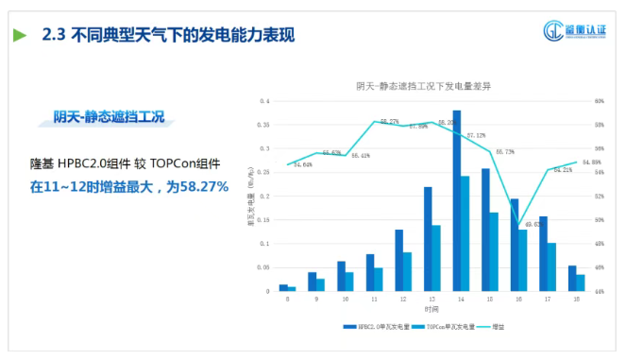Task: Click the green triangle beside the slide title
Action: (x=20, y=36)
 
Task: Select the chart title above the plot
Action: (x=422, y=86)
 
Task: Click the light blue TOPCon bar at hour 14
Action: (x=465, y=233)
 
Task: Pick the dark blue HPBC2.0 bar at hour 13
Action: (x=428, y=239)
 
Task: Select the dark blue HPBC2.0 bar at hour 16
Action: (x=515, y=245)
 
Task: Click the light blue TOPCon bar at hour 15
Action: (x=494, y=251)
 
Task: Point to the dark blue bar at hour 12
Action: (x=398, y=260)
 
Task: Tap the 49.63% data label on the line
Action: (x=530, y=224)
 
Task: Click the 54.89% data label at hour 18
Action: (x=591, y=163)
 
